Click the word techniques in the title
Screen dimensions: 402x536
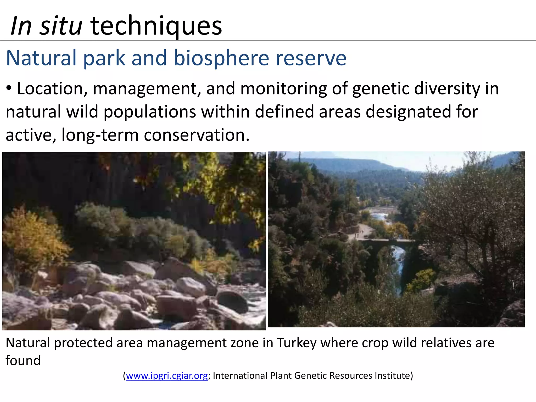[x=156, y=26]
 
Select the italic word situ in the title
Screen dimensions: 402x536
[x=61, y=26]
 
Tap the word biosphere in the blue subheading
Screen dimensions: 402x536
[x=221, y=58]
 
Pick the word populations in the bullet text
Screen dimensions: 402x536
[x=150, y=112]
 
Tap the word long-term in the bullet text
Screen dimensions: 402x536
[x=100, y=135]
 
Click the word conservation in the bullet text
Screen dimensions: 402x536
[x=196, y=135]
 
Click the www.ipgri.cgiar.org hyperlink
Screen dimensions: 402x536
[x=167, y=376]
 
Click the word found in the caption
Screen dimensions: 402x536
[x=23, y=361]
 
